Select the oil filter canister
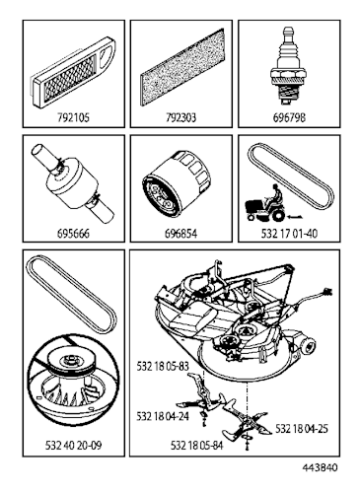click(x=179, y=189)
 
